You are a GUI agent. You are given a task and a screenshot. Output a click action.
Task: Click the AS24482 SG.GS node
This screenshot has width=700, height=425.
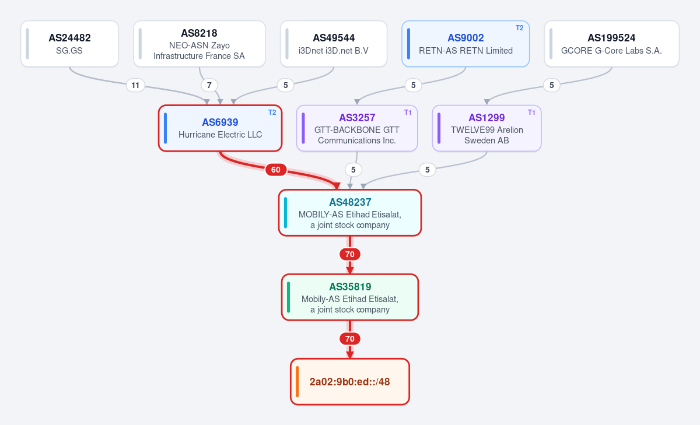click(69, 44)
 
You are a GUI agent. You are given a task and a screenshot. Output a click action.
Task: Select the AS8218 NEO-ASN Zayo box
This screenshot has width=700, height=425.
click(199, 44)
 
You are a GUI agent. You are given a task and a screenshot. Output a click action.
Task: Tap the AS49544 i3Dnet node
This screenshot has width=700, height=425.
click(334, 44)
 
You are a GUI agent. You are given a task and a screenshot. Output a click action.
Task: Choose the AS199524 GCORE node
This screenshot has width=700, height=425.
click(611, 44)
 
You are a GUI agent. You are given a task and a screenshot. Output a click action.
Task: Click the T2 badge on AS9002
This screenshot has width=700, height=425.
click(519, 28)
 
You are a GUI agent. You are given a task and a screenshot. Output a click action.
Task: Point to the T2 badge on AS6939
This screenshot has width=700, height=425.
click(272, 113)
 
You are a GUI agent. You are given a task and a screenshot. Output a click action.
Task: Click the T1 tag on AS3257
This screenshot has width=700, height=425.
click(408, 113)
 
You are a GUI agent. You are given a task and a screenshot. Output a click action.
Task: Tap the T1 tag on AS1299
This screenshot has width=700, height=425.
click(531, 113)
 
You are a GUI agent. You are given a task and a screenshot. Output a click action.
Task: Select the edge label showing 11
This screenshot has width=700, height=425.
click(135, 85)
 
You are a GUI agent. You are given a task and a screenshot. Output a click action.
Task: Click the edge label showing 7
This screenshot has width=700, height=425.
click(209, 85)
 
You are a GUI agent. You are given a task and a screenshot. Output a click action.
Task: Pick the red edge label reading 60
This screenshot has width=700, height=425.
click(275, 170)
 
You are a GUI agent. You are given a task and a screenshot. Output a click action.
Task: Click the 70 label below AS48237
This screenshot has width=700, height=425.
click(350, 254)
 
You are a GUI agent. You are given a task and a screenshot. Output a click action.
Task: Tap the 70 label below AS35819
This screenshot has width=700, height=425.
click(350, 339)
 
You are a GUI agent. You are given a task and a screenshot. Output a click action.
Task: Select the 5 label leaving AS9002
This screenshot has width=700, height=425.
click(413, 85)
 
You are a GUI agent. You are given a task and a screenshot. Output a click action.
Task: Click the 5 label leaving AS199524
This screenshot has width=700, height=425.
click(552, 85)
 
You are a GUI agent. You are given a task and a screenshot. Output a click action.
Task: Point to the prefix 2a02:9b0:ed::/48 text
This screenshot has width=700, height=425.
click(349, 382)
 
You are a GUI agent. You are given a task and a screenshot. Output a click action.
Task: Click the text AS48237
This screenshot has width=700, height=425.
click(350, 202)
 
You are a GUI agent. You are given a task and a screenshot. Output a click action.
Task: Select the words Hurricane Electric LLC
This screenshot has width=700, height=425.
click(220, 135)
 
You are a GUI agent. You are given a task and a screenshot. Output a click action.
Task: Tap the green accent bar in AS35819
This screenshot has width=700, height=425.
click(288, 297)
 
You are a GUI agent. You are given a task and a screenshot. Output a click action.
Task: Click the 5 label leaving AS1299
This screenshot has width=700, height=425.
click(427, 170)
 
